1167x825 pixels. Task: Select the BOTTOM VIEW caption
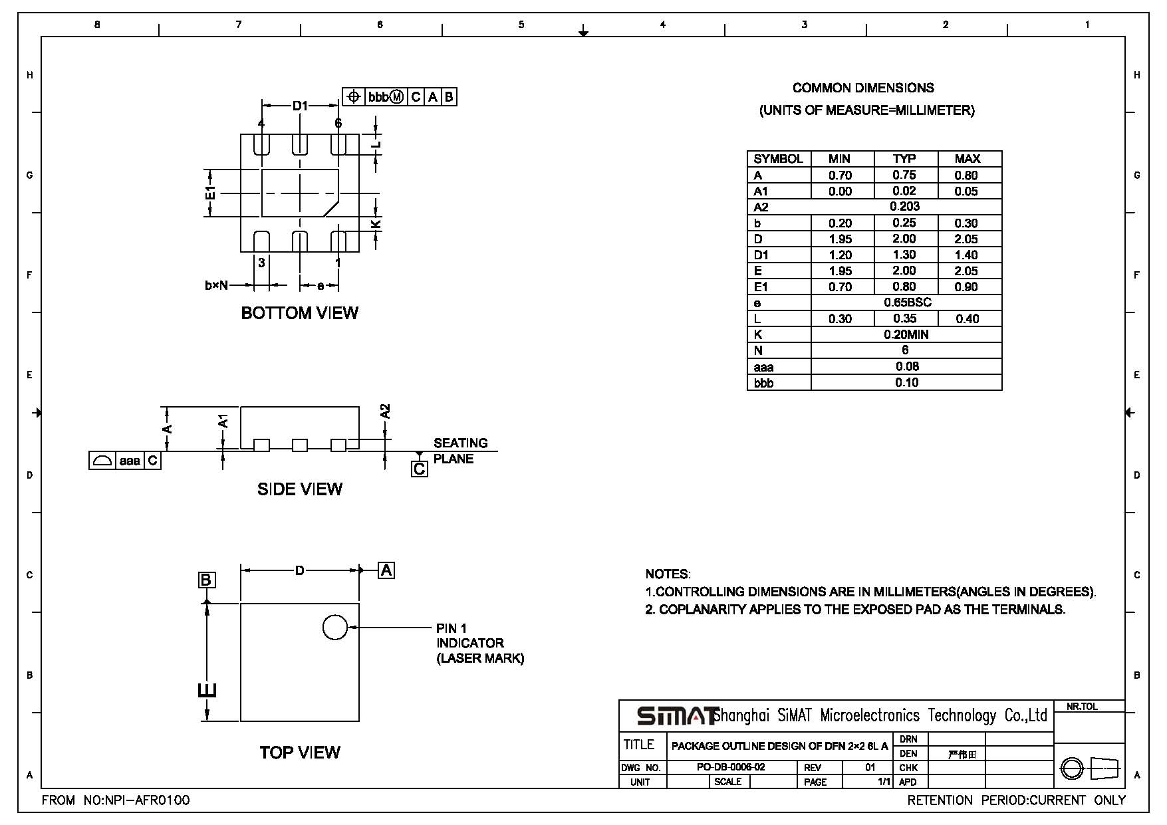[x=299, y=313]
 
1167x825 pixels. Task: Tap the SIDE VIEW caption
[x=300, y=489]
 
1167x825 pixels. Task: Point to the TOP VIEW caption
[x=300, y=753]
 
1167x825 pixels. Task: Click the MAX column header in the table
[x=968, y=159]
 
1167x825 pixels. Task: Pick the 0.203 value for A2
[x=905, y=207]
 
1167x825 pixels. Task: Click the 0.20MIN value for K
[x=906, y=334]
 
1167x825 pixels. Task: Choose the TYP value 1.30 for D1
[x=904, y=255]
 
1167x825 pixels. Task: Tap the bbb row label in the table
[x=763, y=383]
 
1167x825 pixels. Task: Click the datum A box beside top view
[x=386, y=570]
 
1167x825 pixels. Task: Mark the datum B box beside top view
[x=206, y=580]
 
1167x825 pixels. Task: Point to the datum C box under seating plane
[x=420, y=469]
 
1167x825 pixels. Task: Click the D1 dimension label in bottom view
[x=301, y=106]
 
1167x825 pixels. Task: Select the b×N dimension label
[x=216, y=286]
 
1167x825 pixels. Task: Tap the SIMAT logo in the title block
[x=677, y=716]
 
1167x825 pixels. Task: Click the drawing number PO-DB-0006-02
[x=731, y=767]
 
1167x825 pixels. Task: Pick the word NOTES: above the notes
[x=668, y=574]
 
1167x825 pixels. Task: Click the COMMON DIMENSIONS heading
[x=863, y=88]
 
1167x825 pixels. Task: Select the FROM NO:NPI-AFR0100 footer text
[x=116, y=800]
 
